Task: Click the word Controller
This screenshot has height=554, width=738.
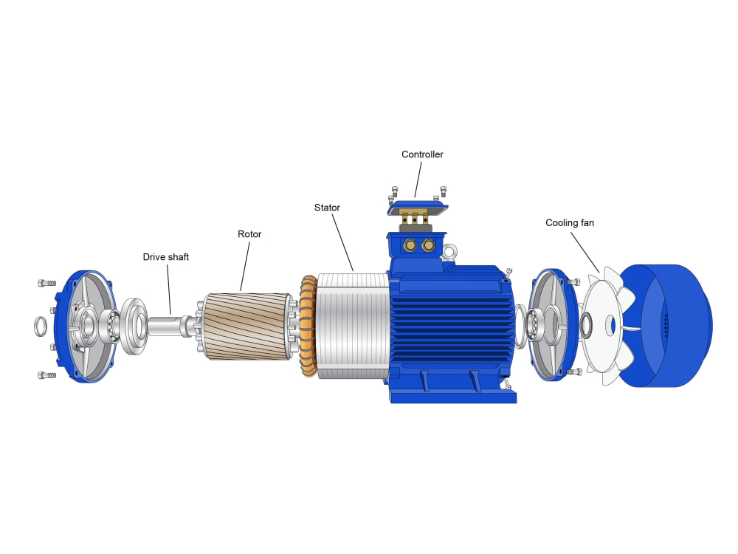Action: (422, 154)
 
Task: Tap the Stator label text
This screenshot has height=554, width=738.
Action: (327, 208)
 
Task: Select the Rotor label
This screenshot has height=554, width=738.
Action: (249, 234)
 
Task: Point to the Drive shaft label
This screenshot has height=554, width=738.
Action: (165, 257)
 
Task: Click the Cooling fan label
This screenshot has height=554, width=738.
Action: (570, 223)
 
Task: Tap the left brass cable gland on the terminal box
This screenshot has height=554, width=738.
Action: (410, 245)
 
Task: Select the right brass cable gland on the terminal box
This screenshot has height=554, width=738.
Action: (428, 245)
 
